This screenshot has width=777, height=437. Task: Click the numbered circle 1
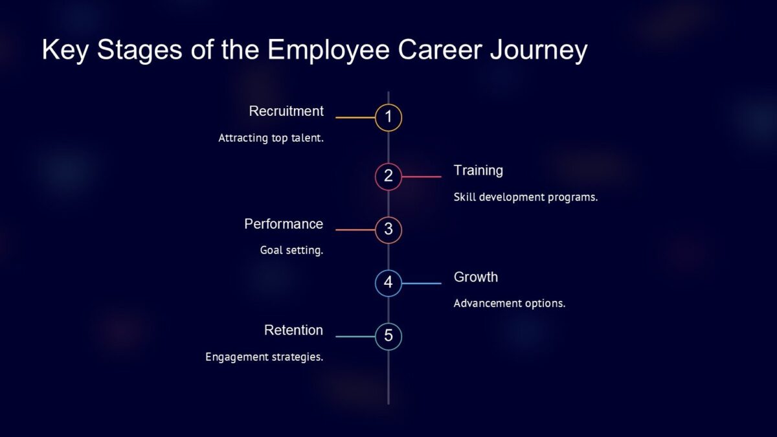(x=388, y=118)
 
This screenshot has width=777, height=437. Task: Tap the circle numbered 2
(x=388, y=176)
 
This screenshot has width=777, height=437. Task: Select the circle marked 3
(x=388, y=229)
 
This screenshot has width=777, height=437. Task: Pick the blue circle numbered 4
(x=388, y=283)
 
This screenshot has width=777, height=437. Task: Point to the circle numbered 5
(x=388, y=336)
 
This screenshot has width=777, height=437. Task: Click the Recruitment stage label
(x=286, y=111)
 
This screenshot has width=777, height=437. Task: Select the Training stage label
(x=478, y=170)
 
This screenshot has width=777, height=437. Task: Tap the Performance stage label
(x=284, y=224)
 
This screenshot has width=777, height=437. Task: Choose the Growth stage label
(x=476, y=277)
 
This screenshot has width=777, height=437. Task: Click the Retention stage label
(x=293, y=330)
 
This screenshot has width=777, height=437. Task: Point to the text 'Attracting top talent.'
(x=271, y=138)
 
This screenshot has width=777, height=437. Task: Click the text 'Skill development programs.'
(x=525, y=197)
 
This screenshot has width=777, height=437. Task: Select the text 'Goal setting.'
(x=291, y=250)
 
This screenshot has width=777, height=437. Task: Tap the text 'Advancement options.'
(x=509, y=303)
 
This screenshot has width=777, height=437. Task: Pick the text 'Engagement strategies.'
(x=264, y=357)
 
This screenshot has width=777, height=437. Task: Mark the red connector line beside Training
(x=422, y=176)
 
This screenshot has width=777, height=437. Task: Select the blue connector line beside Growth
(x=422, y=283)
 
